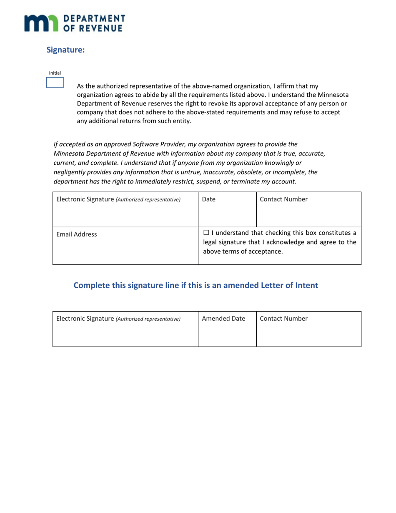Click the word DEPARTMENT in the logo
click(94, 18)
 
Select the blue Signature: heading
click(65, 50)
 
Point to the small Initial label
click(55, 73)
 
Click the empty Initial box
click(55, 83)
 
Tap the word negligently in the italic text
click(70, 172)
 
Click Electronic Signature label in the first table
click(85, 199)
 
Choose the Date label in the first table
click(208, 199)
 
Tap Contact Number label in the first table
click(283, 199)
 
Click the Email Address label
click(76, 234)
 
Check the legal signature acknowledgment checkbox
click(206, 233)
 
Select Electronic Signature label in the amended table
click(85, 319)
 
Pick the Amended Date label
click(223, 319)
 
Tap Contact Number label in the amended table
click(283, 319)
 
